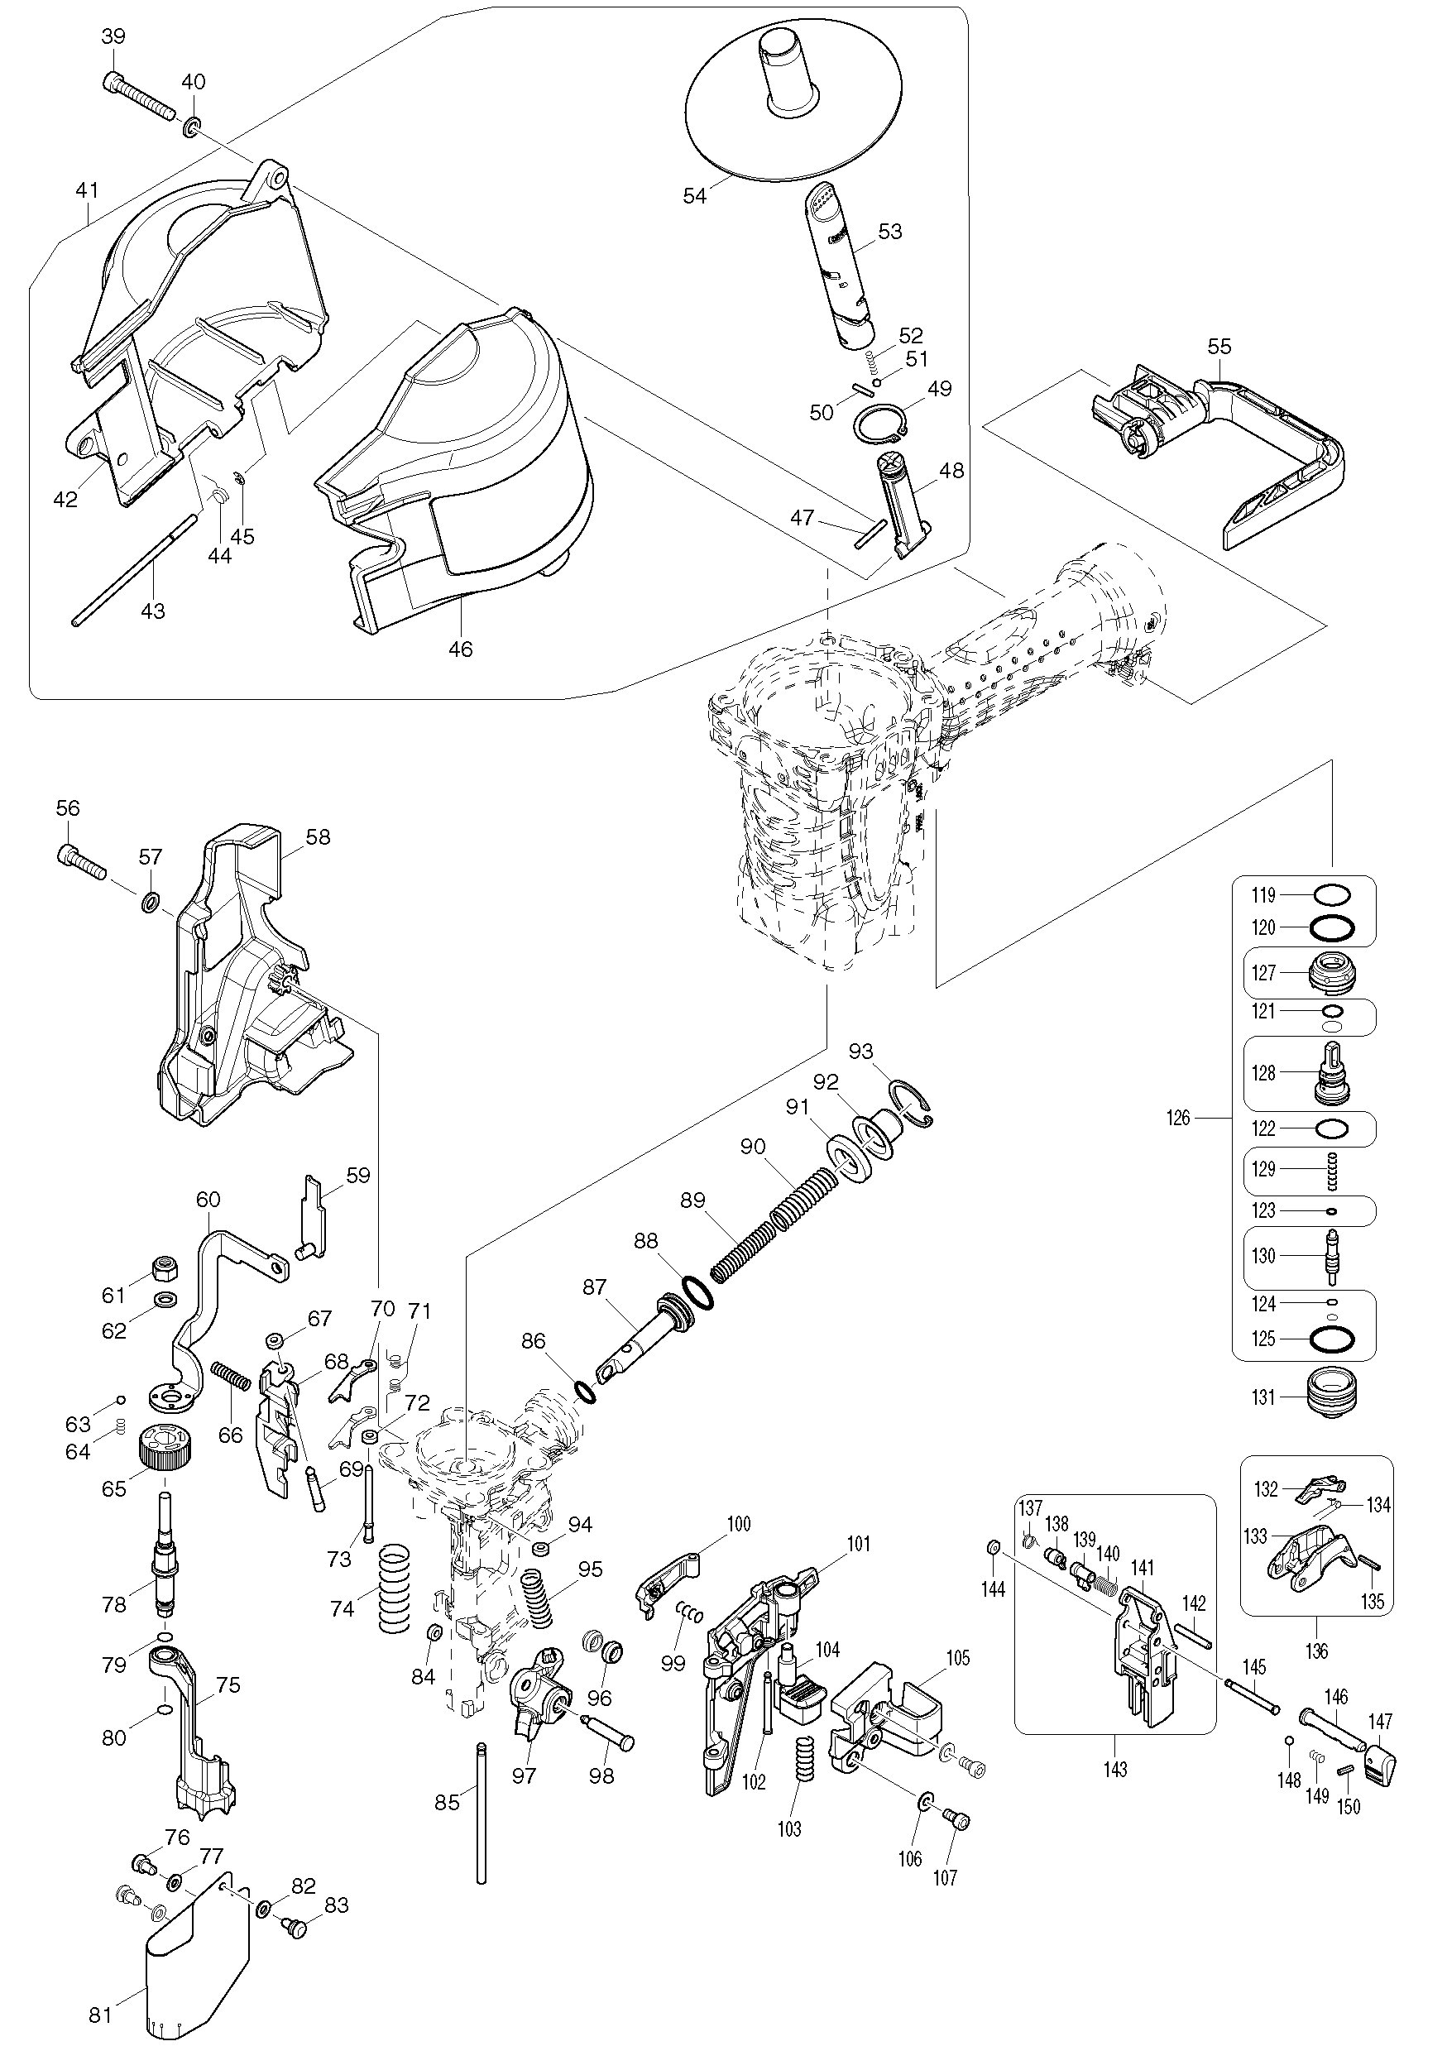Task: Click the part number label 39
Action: pos(113,36)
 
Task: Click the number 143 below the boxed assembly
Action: pos(1114,1769)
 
